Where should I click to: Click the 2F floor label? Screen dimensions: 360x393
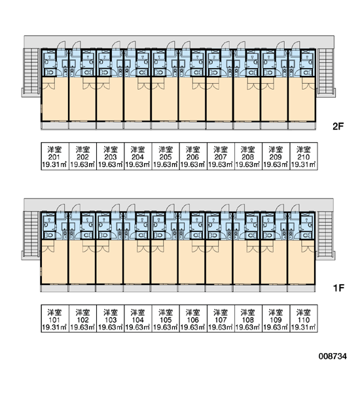[338, 126]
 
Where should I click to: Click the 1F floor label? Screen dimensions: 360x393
[338, 288]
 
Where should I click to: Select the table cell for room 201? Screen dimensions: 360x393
[55, 157]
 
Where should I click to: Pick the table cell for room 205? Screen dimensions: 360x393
[166, 157]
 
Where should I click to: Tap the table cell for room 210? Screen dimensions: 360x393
[304, 157]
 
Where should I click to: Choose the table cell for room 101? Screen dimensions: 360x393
[55, 318]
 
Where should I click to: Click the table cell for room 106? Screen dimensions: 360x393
[193, 318]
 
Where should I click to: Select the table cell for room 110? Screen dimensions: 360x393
[304, 318]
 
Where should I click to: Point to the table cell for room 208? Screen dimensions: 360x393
[248, 157]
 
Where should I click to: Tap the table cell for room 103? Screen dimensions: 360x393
[110, 318]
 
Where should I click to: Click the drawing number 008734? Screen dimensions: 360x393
[333, 356]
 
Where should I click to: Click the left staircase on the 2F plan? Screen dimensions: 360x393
[31, 72]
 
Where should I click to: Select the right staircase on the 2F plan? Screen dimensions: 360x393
[325, 72]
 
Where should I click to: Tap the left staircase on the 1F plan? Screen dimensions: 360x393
[31, 234]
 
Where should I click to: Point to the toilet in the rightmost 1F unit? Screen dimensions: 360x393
[306, 235]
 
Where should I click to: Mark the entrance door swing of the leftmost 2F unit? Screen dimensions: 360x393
[61, 45]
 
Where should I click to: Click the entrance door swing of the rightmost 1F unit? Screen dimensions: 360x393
[295, 208]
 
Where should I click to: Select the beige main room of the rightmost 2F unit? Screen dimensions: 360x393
[302, 99]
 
